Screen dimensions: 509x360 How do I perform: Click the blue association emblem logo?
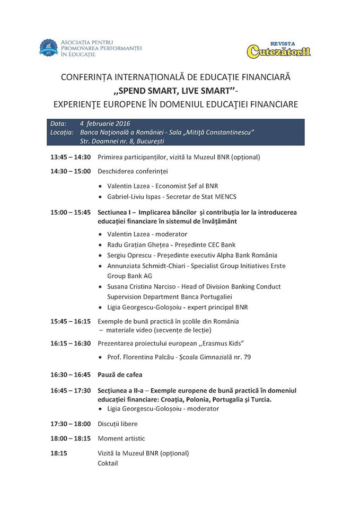tap(48, 48)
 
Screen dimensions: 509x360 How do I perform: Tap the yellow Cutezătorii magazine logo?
tap(278, 50)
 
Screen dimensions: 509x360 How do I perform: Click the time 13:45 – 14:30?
tap(71, 157)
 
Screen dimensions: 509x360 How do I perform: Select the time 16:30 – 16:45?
tap(71, 374)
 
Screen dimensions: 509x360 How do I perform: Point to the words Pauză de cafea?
tap(120, 374)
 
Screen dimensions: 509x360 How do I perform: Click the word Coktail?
tap(108, 463)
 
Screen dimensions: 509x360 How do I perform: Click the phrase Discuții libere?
tap(118, 424)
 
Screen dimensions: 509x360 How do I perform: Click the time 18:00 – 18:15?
tap(71, 438)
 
